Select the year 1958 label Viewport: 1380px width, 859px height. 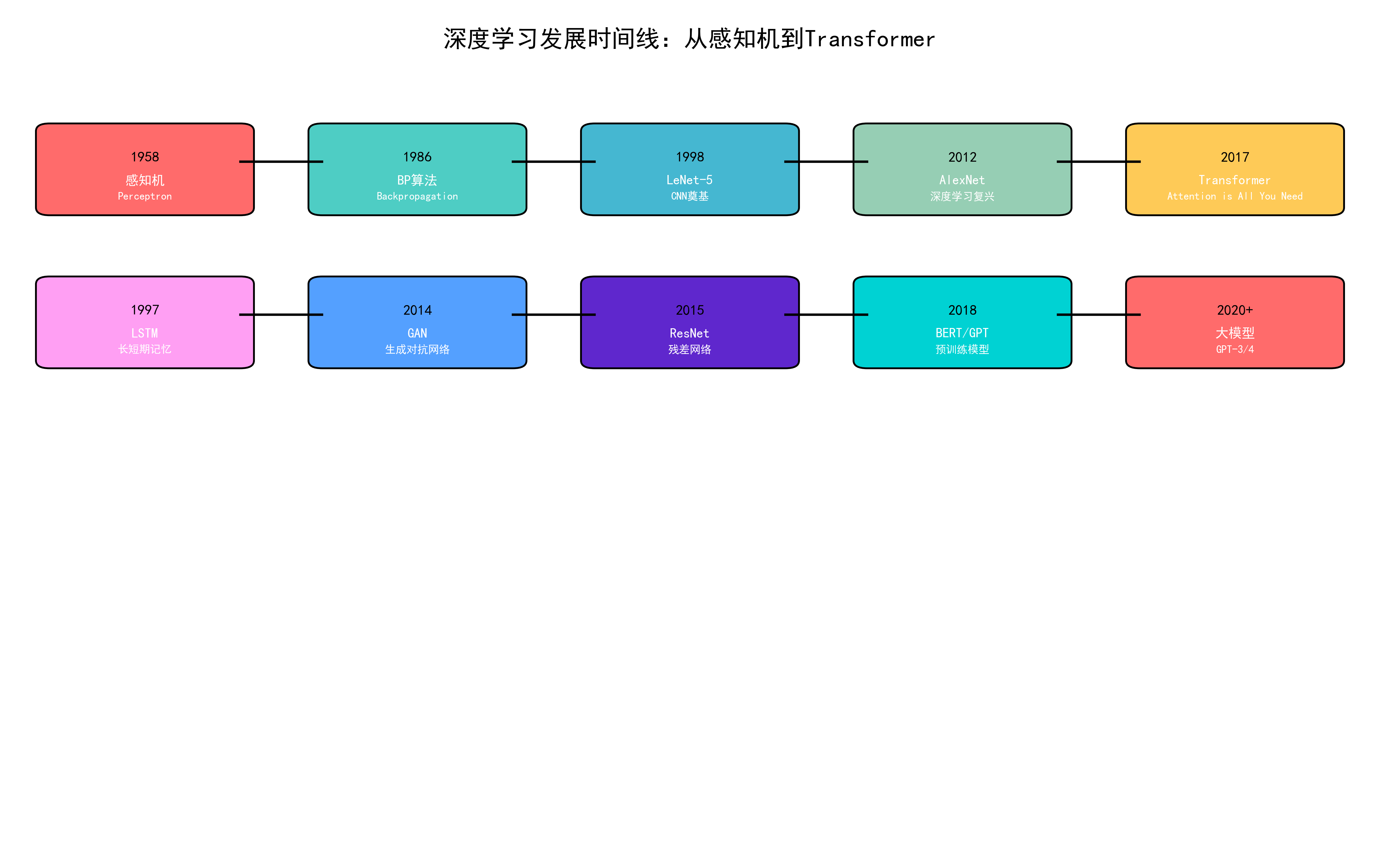coord(145,157)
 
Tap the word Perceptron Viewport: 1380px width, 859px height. coord(145,196)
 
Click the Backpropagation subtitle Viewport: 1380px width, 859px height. coord(417,196)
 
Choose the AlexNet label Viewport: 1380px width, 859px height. coord(962,180)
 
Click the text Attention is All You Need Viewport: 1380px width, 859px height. coord(1234,196)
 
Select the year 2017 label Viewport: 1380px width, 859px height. coord(1234,157)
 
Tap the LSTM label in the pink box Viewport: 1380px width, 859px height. coord(145,333)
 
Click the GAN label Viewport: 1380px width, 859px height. coord(417,333)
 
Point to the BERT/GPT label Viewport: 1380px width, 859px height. coord(962,333)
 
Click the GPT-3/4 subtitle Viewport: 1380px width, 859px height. coord(1234,349)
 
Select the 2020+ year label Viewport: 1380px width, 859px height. coord(1234,310)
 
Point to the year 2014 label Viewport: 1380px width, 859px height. coord(417,310)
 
